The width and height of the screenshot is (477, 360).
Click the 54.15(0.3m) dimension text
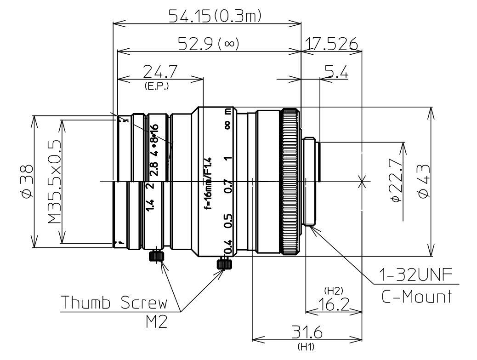[215, 16]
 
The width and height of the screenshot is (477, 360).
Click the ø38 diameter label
[28, 181]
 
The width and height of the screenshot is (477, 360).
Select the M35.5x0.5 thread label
[55, 181]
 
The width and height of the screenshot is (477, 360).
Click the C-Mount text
[416, 297]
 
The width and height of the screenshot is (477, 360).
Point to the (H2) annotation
[331, 291]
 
